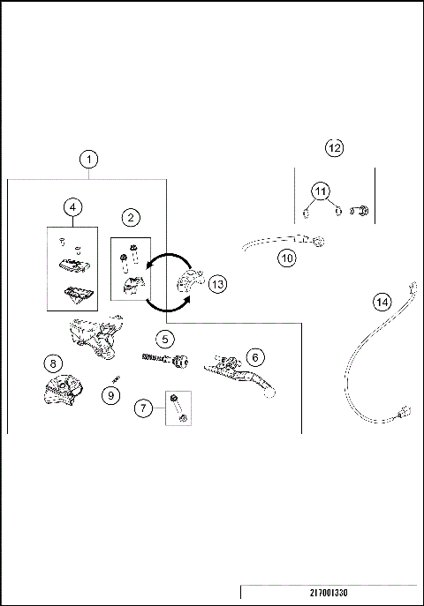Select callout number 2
pos(130,217)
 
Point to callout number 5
pos(165,338)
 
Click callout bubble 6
pos(254,356)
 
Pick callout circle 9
pos(110,396)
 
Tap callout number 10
pos(285,258)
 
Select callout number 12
pos(334,147)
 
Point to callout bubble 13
pos(217,283)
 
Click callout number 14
pos(382,302)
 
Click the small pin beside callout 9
pos(116,380)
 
